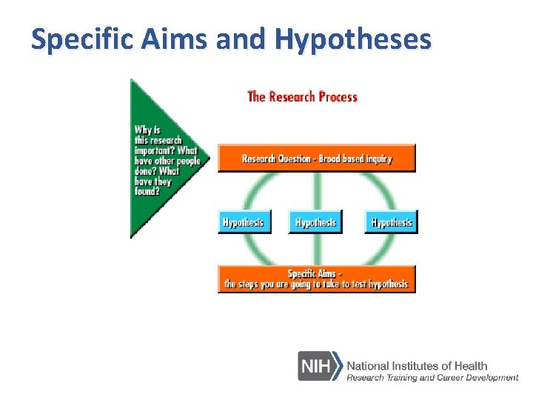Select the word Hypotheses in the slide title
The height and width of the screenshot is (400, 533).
pos(352,39)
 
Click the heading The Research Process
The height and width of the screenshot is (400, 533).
pos(302,96)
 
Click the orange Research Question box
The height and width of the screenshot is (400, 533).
pos(317,159)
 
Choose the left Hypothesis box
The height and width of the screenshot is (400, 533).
pos(244,222)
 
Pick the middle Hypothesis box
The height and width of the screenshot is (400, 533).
pos(316,222)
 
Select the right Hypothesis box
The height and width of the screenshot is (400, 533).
pos(392,222)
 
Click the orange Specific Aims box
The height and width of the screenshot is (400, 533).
pos(317,279)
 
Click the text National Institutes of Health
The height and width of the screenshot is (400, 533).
pos(417,365)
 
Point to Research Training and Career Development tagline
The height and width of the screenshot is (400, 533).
pos(432,378)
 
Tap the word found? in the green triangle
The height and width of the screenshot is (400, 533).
pos(147,191)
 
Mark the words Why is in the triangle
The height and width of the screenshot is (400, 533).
pos(148,130)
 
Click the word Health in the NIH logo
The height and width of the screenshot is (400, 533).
pos(471,365)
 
